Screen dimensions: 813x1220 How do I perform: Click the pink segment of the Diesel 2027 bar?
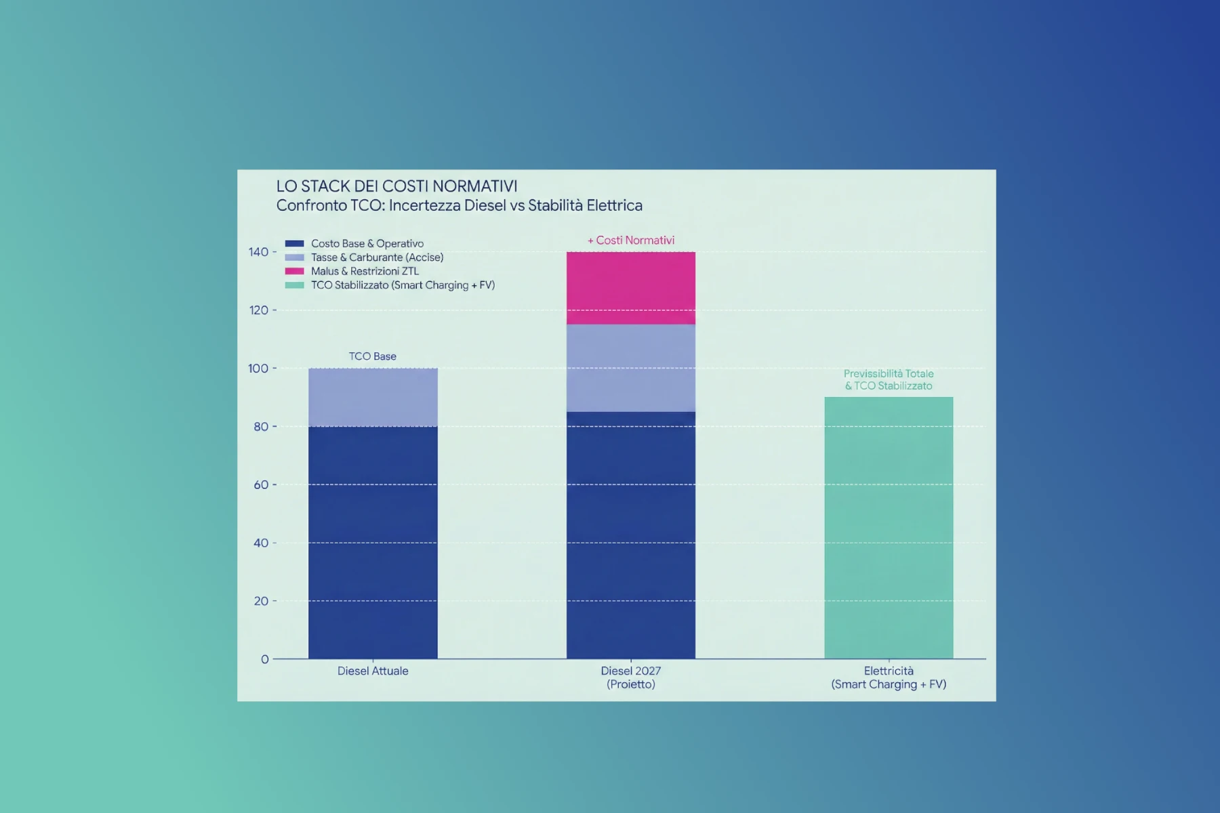(630, 288)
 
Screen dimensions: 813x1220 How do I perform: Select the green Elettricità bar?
(889, 528)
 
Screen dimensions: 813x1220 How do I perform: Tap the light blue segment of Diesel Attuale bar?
(373, 397)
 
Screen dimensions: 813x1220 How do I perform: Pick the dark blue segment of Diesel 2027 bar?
(630, 535)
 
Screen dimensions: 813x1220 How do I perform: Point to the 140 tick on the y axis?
(258, 252)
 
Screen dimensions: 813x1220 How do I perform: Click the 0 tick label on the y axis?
(264, 659)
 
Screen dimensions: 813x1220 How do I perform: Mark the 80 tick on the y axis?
(261, 427)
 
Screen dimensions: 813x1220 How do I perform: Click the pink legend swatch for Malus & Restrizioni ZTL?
(294, 271)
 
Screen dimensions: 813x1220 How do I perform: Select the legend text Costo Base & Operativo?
(367, 243)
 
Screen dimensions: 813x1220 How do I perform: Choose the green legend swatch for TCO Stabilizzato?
(294, 285)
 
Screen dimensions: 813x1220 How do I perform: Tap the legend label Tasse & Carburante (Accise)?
(377, 257)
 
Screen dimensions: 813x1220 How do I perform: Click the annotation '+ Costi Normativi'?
(630, 241)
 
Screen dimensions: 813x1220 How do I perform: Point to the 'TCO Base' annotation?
(372, 356)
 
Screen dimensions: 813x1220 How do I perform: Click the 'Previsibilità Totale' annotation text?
(888, 374)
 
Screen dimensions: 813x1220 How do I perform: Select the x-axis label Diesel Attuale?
(373, 671)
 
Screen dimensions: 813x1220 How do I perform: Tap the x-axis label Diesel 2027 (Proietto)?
(630, 677)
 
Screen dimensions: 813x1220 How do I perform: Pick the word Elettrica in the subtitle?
(614, 205)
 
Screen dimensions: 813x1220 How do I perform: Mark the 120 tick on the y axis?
(258, 310)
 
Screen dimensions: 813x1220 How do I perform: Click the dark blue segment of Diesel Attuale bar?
(373, 542)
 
